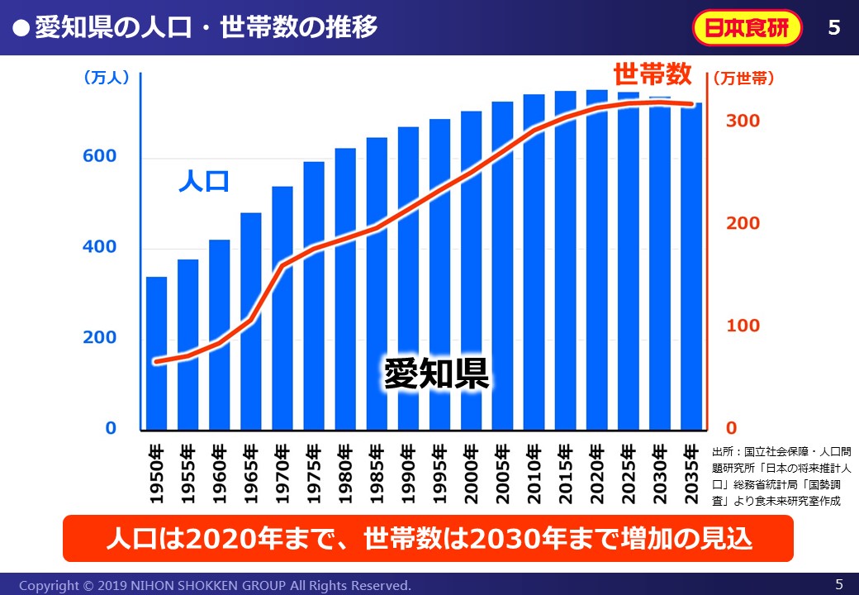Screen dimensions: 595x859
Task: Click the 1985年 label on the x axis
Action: point(377,474)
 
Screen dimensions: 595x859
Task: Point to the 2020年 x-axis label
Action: point(596,474)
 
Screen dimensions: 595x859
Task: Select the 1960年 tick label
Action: point(220,474)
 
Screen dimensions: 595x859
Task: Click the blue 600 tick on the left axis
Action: point(99,157)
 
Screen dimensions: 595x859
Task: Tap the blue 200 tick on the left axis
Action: point(99,338)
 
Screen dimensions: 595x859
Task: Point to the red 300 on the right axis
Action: point(743,121)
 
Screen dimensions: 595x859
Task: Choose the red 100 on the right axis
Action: point(743,326)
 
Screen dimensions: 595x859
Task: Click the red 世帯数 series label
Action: point(652,74)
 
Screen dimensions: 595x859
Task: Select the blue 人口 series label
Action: point(203,182)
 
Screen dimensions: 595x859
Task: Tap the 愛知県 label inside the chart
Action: point(436,374)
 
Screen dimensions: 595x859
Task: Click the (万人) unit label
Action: point(107,78)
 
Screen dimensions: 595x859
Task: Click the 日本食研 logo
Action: point(747,28)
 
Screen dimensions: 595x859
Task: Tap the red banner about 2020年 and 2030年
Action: point(428,539)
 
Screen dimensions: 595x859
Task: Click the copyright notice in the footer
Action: point(215,585)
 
